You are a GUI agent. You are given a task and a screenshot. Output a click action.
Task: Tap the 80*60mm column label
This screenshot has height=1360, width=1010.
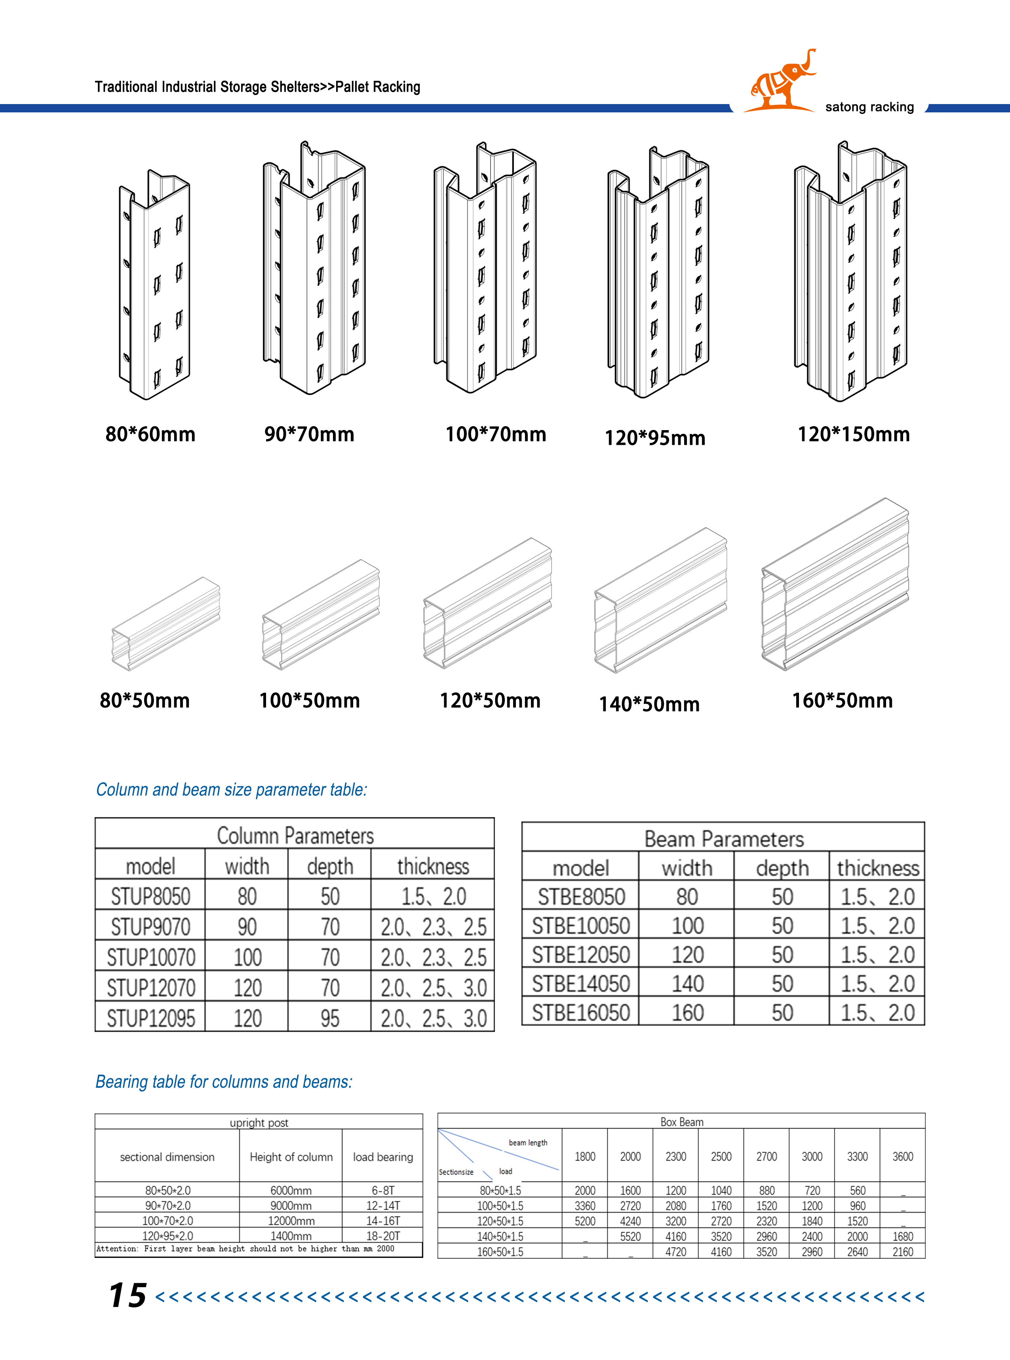coord(150,434)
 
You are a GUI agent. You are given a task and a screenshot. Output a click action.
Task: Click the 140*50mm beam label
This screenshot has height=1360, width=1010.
coord(649,704)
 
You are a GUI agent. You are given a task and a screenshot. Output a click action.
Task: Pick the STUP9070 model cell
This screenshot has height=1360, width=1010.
coord(150,927)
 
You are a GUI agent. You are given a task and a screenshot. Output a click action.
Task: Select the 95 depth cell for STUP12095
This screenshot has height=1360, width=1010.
coord(330,1018)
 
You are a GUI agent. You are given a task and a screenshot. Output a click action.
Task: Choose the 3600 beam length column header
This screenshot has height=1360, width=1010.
coord(902,1157)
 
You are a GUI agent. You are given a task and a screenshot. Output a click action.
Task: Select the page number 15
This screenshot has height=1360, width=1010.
coord(128,1295)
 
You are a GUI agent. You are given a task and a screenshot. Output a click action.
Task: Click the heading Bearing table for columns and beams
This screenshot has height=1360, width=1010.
coord(224,1082)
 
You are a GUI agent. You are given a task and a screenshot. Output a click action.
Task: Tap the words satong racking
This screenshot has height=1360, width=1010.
coord(869,107)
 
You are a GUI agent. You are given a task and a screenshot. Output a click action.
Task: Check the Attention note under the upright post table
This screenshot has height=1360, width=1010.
coord(245,1249)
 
